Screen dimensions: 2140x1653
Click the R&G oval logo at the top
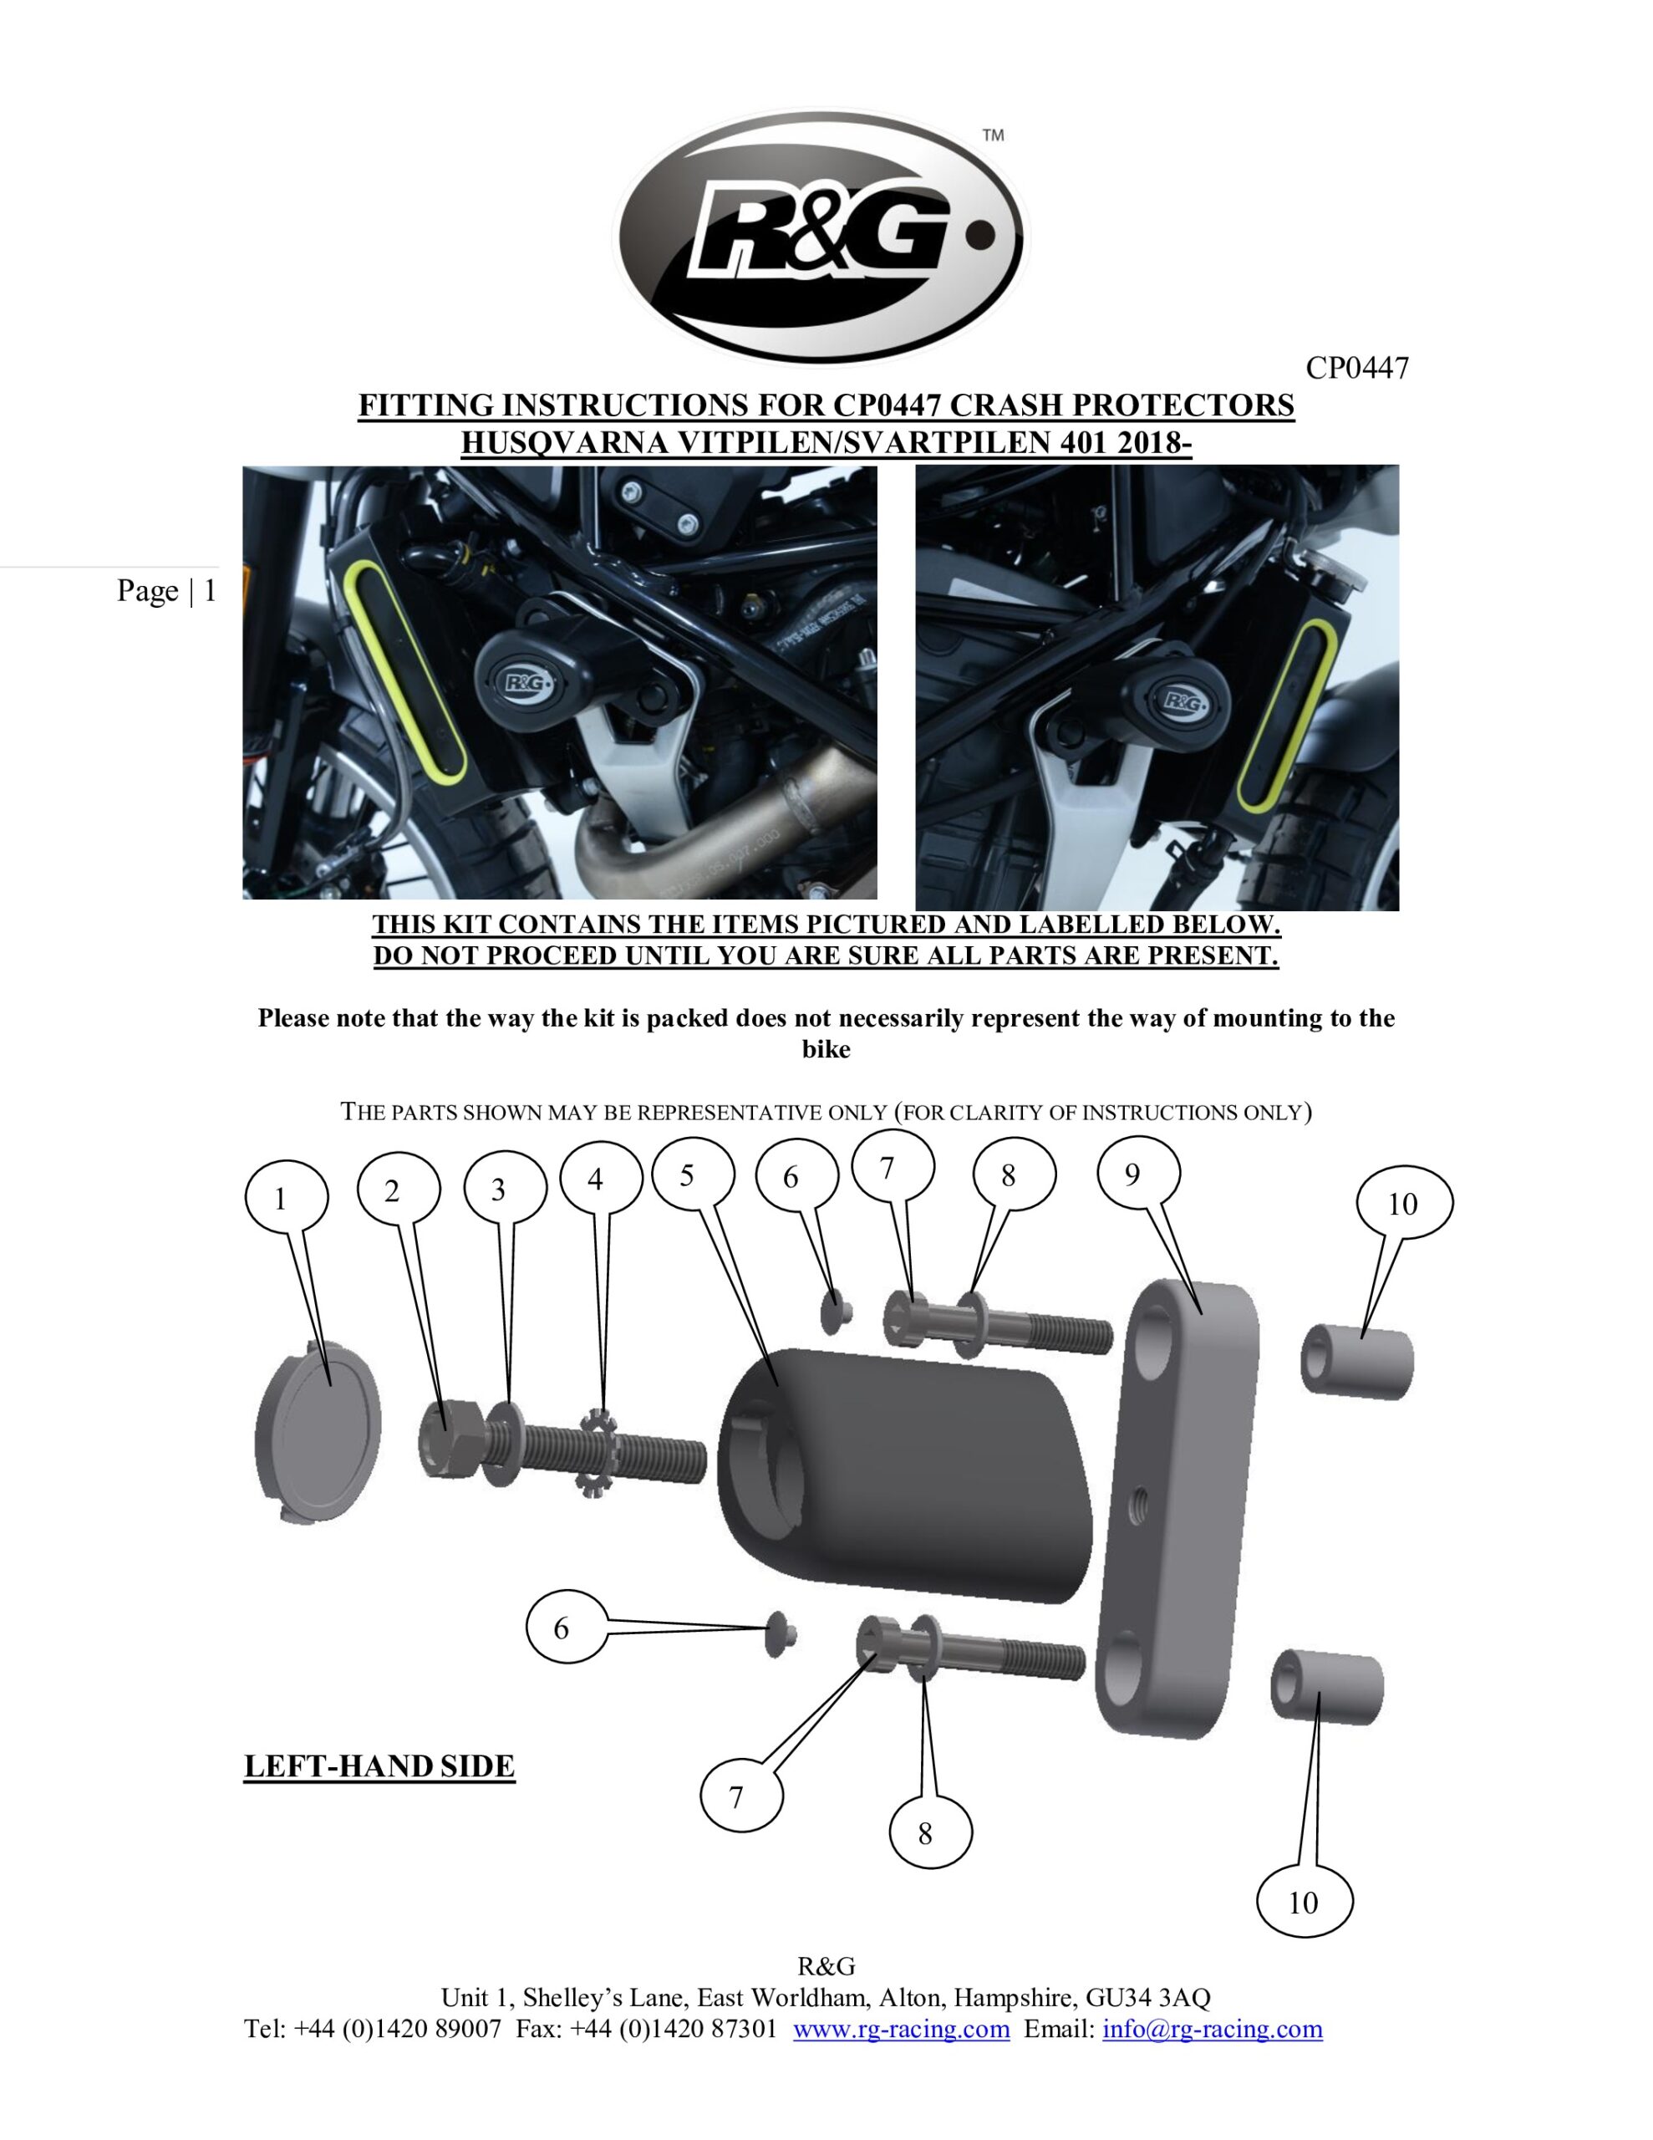[819, 237]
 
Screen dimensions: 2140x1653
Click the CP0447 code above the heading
[1356, 369]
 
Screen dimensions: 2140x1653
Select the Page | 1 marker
[166, 591]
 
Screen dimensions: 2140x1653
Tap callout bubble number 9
[1132, 1174]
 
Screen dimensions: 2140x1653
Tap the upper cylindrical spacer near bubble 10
[1357, 1361]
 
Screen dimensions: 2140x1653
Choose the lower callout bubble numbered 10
[1303, 1903]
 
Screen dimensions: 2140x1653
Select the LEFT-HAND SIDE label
[379, 1766]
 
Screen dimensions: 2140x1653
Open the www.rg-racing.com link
[901, 2028]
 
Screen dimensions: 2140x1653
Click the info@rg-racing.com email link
[1212, 2028]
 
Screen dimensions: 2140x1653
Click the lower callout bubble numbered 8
[925, 1834]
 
